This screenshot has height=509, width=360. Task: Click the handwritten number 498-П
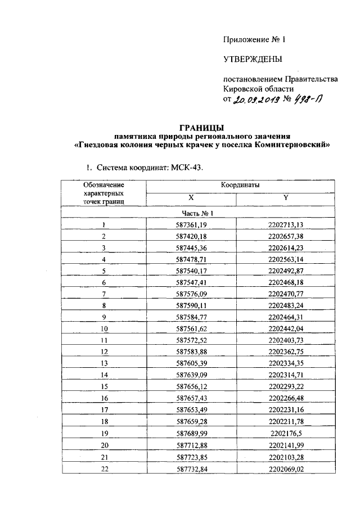click(x=308, y=100)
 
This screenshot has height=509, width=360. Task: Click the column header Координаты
click(x=237, y=184)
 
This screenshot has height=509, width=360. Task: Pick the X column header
click(x=191, y=198)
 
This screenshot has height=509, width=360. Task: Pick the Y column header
click(x=286, y=198)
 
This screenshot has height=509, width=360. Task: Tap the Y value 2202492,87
click(x=286, y=271)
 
